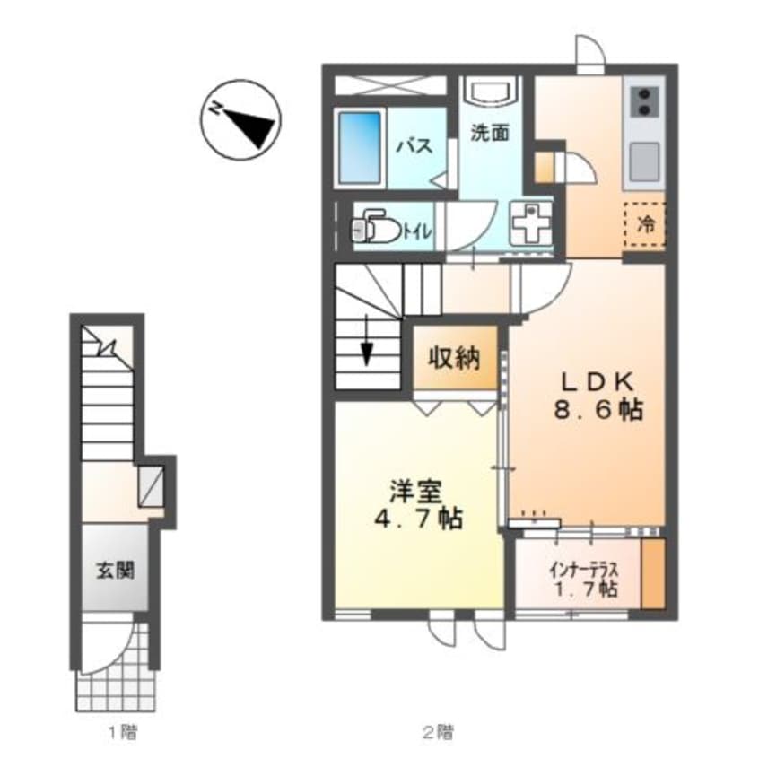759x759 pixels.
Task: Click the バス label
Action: pyautogui.click(x=414, y=146)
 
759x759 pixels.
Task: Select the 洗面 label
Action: pyautogui.click(x=491, y=133)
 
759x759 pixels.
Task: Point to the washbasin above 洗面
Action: pyautogui.click(x=491, y=95)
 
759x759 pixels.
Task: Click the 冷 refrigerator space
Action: pyautogui.click(x=645, y=224)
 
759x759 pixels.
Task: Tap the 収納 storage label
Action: pyautogui.click(x=453, y=359)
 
